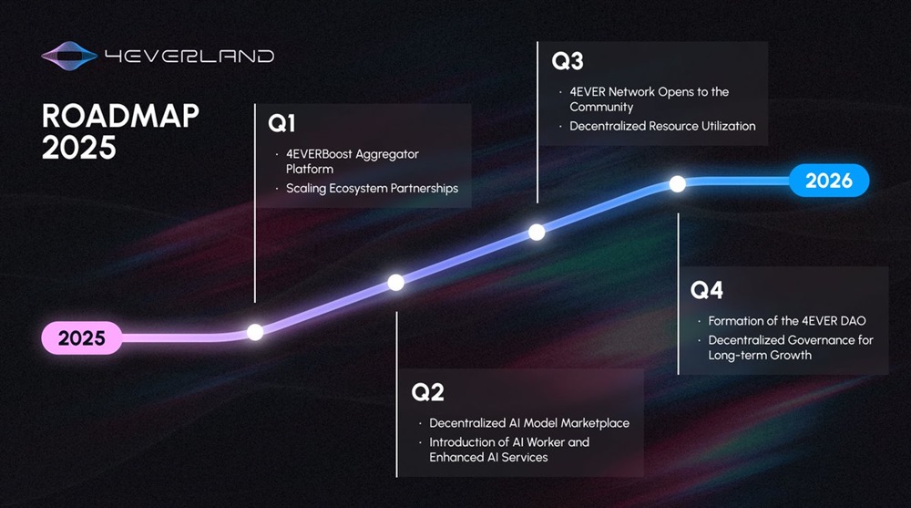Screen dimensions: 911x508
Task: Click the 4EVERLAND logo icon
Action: coord(69,56)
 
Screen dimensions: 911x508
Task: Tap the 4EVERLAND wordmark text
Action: coord(189,56)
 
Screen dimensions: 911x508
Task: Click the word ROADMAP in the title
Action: coord(120,116)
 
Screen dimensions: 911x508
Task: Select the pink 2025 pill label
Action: coord(82,337)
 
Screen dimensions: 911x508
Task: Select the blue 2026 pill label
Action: coord(829,181)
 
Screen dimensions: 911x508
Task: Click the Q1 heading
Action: coord(281,123)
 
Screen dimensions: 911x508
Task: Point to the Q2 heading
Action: coord(427,392)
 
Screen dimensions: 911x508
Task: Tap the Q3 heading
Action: coord(567,61)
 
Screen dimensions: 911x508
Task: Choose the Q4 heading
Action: coord(707,290)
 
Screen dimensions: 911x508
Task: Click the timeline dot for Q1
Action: coord(255,332)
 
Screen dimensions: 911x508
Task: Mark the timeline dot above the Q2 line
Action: coord(396,283)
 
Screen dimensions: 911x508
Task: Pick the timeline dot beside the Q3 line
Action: coord(537,233)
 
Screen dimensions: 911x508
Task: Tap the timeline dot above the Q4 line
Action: coord(678,184)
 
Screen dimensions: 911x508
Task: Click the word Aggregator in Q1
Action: coord(387,155)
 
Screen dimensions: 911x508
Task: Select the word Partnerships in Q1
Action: coord(425,189)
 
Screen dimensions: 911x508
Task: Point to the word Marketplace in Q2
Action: coord(595,423)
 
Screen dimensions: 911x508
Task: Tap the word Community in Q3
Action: coord(601,107)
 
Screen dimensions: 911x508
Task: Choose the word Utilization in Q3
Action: coord(729,126)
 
